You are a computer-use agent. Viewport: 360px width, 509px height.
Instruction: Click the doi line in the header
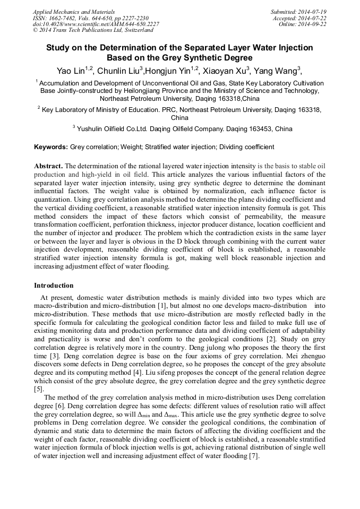[x=96, y=24]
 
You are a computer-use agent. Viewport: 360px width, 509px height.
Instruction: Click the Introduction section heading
[x=54, y=286]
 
